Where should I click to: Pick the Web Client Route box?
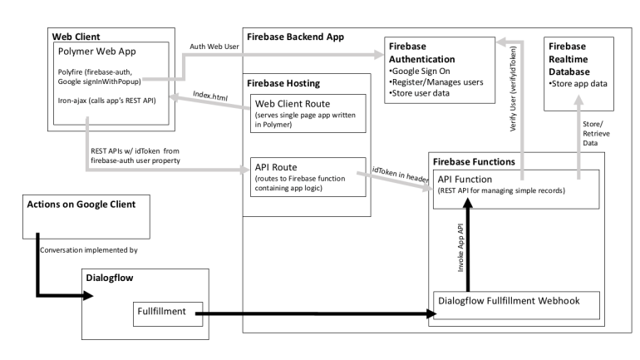click(308, 113)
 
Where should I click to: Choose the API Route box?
click(308, 178)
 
